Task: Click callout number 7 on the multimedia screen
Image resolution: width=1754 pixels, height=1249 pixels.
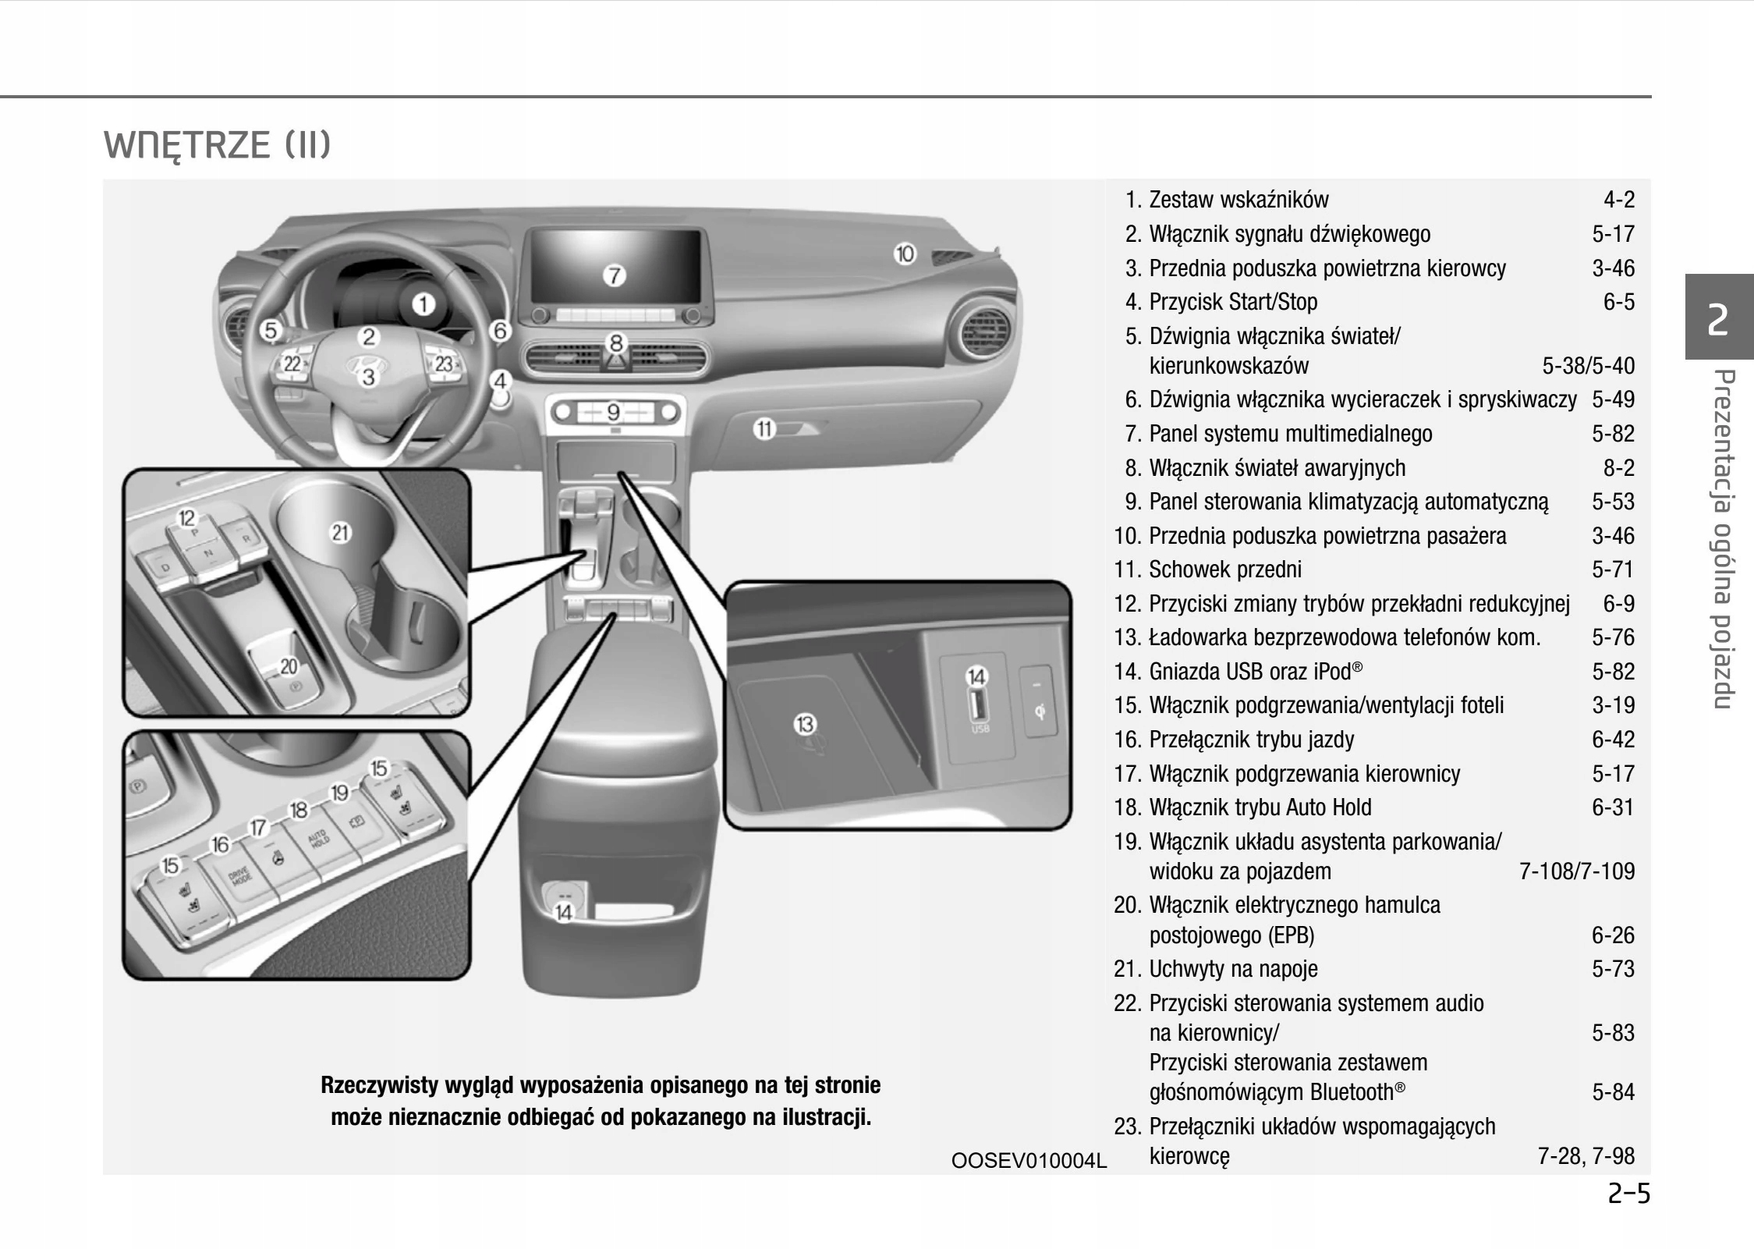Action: [615, 275]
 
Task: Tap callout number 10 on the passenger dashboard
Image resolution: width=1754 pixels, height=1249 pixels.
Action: [905, 254]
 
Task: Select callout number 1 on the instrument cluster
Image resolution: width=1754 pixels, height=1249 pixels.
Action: [423, 304]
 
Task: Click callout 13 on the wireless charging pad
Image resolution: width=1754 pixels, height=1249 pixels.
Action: [804, 724]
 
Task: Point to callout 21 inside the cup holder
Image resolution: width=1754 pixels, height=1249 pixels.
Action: [341, 533]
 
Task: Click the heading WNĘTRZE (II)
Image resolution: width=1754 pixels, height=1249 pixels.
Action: [218, 145]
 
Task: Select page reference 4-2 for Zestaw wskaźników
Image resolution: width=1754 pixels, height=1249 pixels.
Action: [1618, 200]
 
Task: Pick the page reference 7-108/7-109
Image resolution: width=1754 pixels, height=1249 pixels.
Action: [1576, 871]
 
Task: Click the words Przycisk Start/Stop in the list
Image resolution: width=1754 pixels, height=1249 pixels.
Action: [1232, 302]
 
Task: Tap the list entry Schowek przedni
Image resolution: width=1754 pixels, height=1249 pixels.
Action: [1224, 570]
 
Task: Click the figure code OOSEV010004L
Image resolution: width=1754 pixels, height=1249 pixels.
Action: [1028, 1160]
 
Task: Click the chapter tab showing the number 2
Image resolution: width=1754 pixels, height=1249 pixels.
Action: [1718, 318]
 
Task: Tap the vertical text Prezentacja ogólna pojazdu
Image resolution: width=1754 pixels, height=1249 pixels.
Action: [1722, 538]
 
